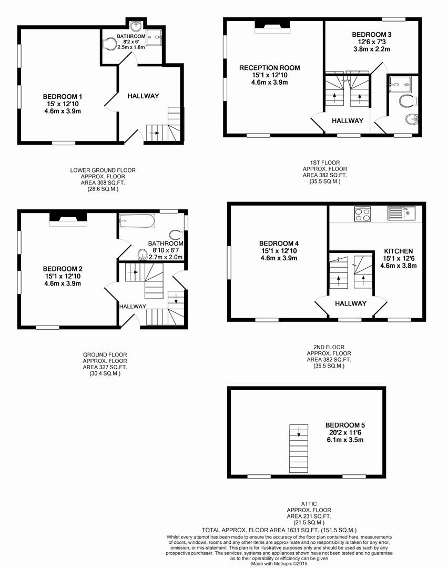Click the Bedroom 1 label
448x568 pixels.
coord(62,97)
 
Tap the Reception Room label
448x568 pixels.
coord(269,68)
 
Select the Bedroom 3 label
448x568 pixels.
coord(371,35)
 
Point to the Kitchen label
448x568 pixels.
coord(398,251)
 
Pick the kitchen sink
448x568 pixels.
coord(402,213)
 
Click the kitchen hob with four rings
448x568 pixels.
coord(362,214)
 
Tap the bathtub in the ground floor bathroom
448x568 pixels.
coord(137,220)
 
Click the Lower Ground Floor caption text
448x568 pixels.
coord(103,170)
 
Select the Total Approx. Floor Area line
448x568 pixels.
coord(279,530)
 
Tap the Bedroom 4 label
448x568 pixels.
coord(279,244)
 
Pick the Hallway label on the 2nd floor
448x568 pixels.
coord(350,303)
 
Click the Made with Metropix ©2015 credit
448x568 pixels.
coord(279,563)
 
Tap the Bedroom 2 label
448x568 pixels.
coord(62,269)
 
